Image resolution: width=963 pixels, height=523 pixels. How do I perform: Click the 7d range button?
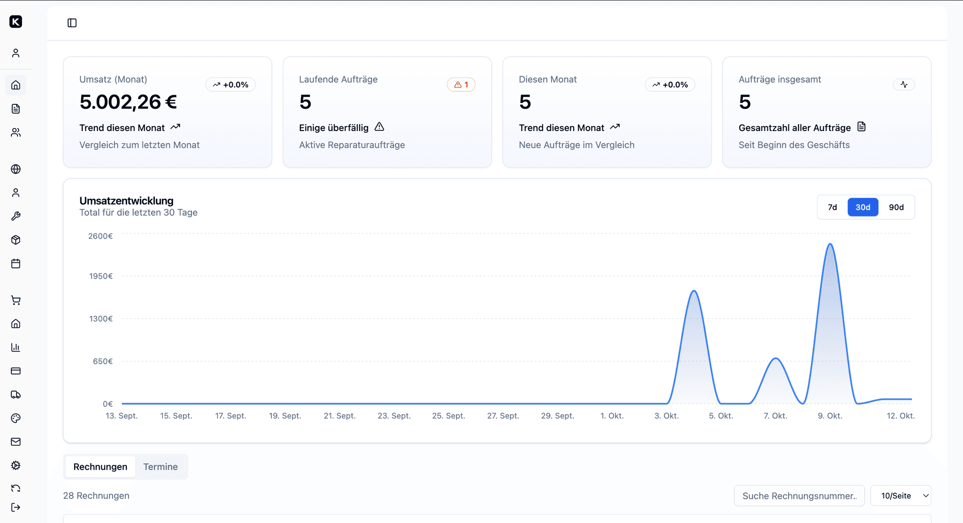click(832, 207)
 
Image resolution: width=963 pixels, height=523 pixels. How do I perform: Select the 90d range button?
click(896, 207)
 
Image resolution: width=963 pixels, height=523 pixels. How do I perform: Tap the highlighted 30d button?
click(863, 207)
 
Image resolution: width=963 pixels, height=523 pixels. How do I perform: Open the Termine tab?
click(160, 467)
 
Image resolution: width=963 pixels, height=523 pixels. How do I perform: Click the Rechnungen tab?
click(100, 467)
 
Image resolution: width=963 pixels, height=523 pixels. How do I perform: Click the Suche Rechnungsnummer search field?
click(799, 496)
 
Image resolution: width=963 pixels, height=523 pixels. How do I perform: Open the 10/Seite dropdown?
click(901, 496)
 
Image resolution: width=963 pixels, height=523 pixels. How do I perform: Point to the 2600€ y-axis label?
click(100, 236)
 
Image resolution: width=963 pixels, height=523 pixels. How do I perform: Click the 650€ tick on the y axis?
click(103, 361)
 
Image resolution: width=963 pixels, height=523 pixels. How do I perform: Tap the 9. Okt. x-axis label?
click(830, 416)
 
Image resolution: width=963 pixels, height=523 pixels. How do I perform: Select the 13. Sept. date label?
click(121, 416)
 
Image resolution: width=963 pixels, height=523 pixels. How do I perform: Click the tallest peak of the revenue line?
click(831, 244)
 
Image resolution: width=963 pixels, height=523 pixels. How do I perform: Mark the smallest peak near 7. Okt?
click(776, 358)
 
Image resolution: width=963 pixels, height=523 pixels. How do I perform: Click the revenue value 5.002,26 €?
click(128, 102)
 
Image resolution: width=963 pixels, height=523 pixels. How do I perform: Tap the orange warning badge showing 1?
click(461, 85)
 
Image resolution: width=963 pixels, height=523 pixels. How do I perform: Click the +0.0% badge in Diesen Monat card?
click(670, 85)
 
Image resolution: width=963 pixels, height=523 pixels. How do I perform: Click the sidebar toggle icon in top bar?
click(72, 23)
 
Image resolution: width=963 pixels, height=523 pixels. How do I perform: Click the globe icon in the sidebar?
click(16, 169)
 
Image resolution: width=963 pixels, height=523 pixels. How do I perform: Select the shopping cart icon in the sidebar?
click(16, 300)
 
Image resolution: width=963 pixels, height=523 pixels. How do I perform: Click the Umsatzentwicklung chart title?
click(126, 201)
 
